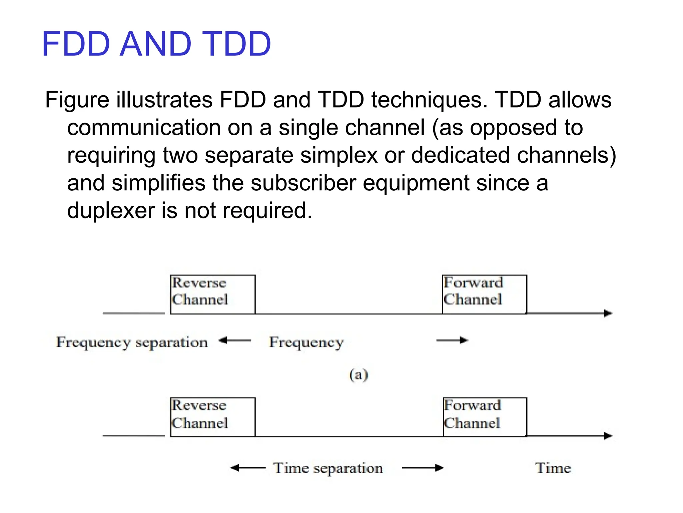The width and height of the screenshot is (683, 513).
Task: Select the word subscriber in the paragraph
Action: click(303, 183)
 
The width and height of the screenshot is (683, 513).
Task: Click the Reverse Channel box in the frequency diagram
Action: click(213, 294)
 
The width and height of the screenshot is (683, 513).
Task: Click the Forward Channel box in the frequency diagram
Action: click(484, 294)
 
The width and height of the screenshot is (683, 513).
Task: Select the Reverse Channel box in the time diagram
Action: click(213, 417)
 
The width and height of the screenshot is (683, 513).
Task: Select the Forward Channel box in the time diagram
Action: click(485, 417)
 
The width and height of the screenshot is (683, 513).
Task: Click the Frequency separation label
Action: click(132, 342)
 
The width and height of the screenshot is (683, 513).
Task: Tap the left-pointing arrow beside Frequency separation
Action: click(235, 341)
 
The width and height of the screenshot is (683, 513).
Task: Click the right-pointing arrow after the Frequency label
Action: click(452, 340)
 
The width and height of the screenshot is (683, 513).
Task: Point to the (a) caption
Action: click(359, 375)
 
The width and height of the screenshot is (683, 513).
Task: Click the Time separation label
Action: click(328, 468)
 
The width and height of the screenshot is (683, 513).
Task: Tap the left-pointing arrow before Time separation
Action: click(248, 468)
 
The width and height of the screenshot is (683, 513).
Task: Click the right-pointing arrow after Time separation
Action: click(423, 468)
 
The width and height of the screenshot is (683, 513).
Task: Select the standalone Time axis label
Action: click(553, 468)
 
